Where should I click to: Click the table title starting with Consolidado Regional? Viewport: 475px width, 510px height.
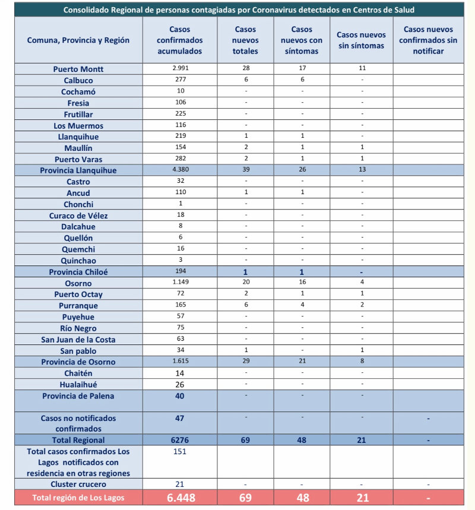click(x=239, y=10)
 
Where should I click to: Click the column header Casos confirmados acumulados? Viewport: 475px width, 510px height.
click(x=179, y=40)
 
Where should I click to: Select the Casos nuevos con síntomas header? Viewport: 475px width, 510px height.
click(x=302, y=40)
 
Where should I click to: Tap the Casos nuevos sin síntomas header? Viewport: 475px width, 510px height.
click(x=361, y=40)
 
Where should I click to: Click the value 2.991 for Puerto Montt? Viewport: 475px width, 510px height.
click(x=180, y=68)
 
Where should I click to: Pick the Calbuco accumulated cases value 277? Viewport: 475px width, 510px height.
click(x=180, y=80)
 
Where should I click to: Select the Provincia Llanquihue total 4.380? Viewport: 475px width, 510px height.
click(x=180, y=170)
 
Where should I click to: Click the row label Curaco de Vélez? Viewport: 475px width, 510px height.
click(x=78, y=216)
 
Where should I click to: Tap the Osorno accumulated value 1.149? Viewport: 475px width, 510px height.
click(x=180, y=283)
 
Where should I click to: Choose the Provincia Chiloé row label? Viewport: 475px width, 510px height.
click(x=78, y=272)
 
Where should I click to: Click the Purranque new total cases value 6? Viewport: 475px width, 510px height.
click(x=245, y=305)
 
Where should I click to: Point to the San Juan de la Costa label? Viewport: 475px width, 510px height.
click(x=78, y=340)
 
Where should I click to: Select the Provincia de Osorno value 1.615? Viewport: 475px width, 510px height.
click(x=180, y=362)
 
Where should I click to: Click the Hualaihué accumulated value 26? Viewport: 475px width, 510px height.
click(x=180, y=384)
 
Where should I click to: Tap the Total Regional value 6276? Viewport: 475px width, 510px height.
click(x=180, y=440)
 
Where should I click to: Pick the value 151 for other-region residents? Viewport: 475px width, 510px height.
click(x=180, y=451)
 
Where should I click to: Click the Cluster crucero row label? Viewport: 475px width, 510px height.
click(x=78, y=484)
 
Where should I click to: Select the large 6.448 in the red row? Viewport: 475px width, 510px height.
click(x=180, y=498)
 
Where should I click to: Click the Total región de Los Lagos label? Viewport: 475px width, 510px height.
click(x=78, y=498)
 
